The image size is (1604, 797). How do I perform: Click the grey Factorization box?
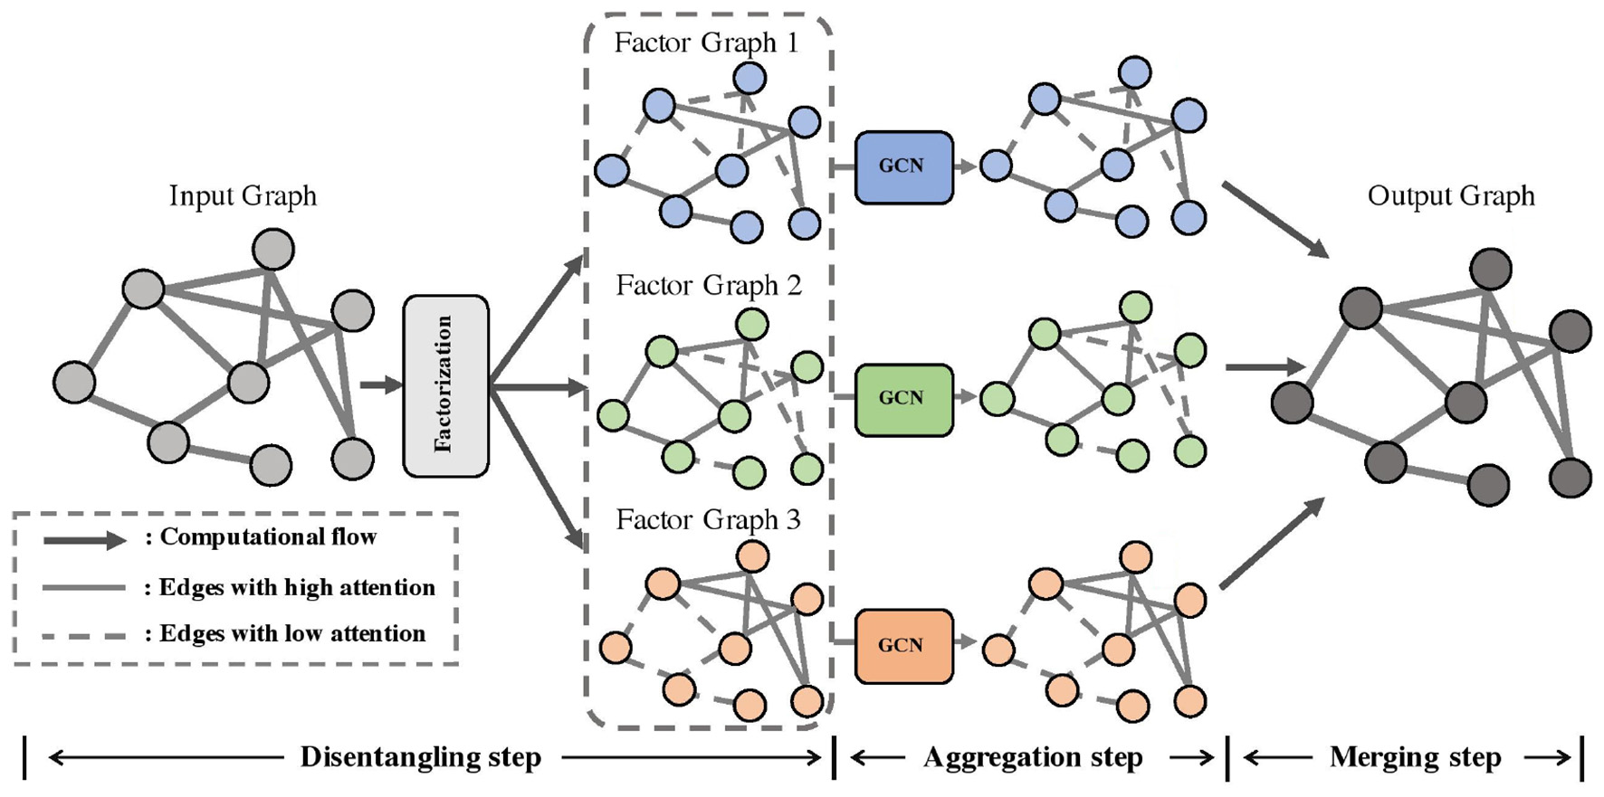click(x=445, y=385)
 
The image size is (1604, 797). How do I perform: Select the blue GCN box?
click(x=903, y=166)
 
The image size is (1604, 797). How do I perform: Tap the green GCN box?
click(x=903, y=399)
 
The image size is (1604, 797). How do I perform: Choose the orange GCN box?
click(x=903, y=646)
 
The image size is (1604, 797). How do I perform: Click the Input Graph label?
click(x=243, y=196)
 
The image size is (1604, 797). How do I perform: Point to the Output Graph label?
click(x=1450, y=196)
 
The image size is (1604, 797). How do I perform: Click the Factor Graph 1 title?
click(x=706, y=43)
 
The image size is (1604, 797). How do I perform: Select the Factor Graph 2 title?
click(x=708, y=286)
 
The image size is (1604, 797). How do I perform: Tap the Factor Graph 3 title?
click(x=708, y=520)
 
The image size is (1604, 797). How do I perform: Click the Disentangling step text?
click(x=421, y=757)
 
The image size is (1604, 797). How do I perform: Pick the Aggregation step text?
click(x=1032, y=757)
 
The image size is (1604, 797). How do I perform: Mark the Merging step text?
click(x=1415, y=757)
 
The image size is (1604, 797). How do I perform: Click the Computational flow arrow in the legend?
click(x=84, y=540)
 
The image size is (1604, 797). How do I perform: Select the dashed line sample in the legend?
click(x=84, y=636)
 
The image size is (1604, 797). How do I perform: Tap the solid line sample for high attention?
click(x=84, y=588)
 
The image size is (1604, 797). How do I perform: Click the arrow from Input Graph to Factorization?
click(x=380, y=385)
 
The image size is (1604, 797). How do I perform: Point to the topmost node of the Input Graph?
click(x=272, y=249)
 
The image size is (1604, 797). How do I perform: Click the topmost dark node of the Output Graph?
click(x=1490, y=269)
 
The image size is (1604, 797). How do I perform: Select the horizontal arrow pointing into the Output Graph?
click(x=1265, y=367)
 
